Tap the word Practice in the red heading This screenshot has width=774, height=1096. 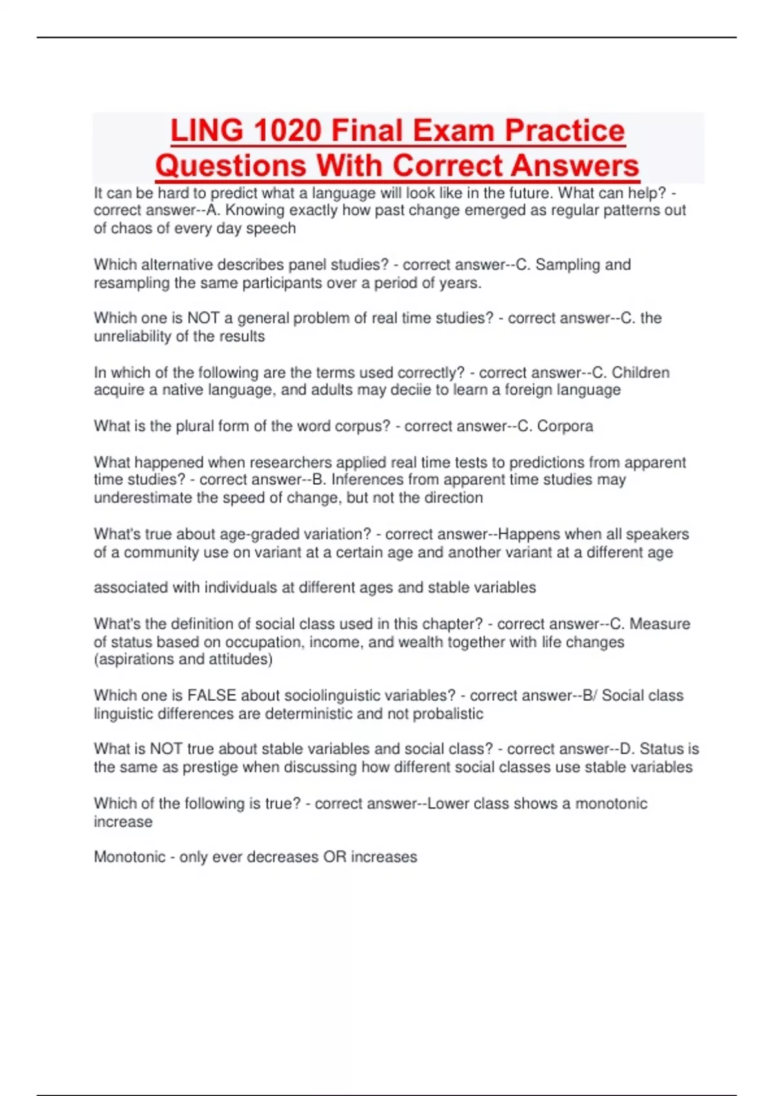564,131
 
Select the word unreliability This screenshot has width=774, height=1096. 138,337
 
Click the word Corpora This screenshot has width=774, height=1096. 565,426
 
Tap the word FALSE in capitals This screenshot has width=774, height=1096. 212,696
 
